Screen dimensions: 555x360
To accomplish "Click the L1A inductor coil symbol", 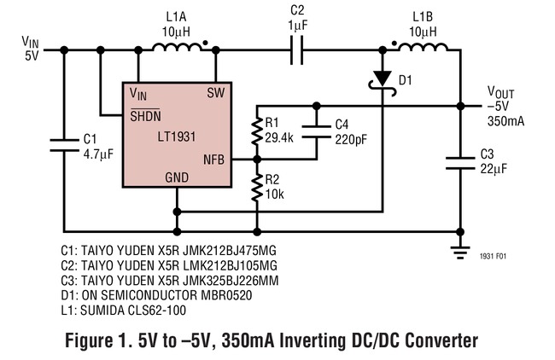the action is point(176,48).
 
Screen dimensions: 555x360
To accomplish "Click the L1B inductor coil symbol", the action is point(423,48).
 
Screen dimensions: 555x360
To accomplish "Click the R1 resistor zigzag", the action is point(257,131).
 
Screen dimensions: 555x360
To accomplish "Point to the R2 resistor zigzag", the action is point(257,188).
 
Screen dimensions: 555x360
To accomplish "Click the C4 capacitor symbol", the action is point(317,131).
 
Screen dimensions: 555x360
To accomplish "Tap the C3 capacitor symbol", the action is point(460,163).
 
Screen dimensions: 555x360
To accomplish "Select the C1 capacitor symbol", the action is point(64,145).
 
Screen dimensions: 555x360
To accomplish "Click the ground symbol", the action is point(460,253).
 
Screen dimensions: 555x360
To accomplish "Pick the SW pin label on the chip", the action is point(216,93).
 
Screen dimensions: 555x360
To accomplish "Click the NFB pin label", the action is point(213,160).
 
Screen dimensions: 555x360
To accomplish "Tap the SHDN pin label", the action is point(145,115).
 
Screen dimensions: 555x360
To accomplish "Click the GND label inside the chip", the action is point(177,177).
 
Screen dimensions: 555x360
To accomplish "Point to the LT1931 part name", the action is point(177,136).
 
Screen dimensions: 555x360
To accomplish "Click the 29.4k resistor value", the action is point(279,138).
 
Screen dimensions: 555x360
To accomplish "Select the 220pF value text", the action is point(351,139).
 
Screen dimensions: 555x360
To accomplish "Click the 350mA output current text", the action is point(505,121).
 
